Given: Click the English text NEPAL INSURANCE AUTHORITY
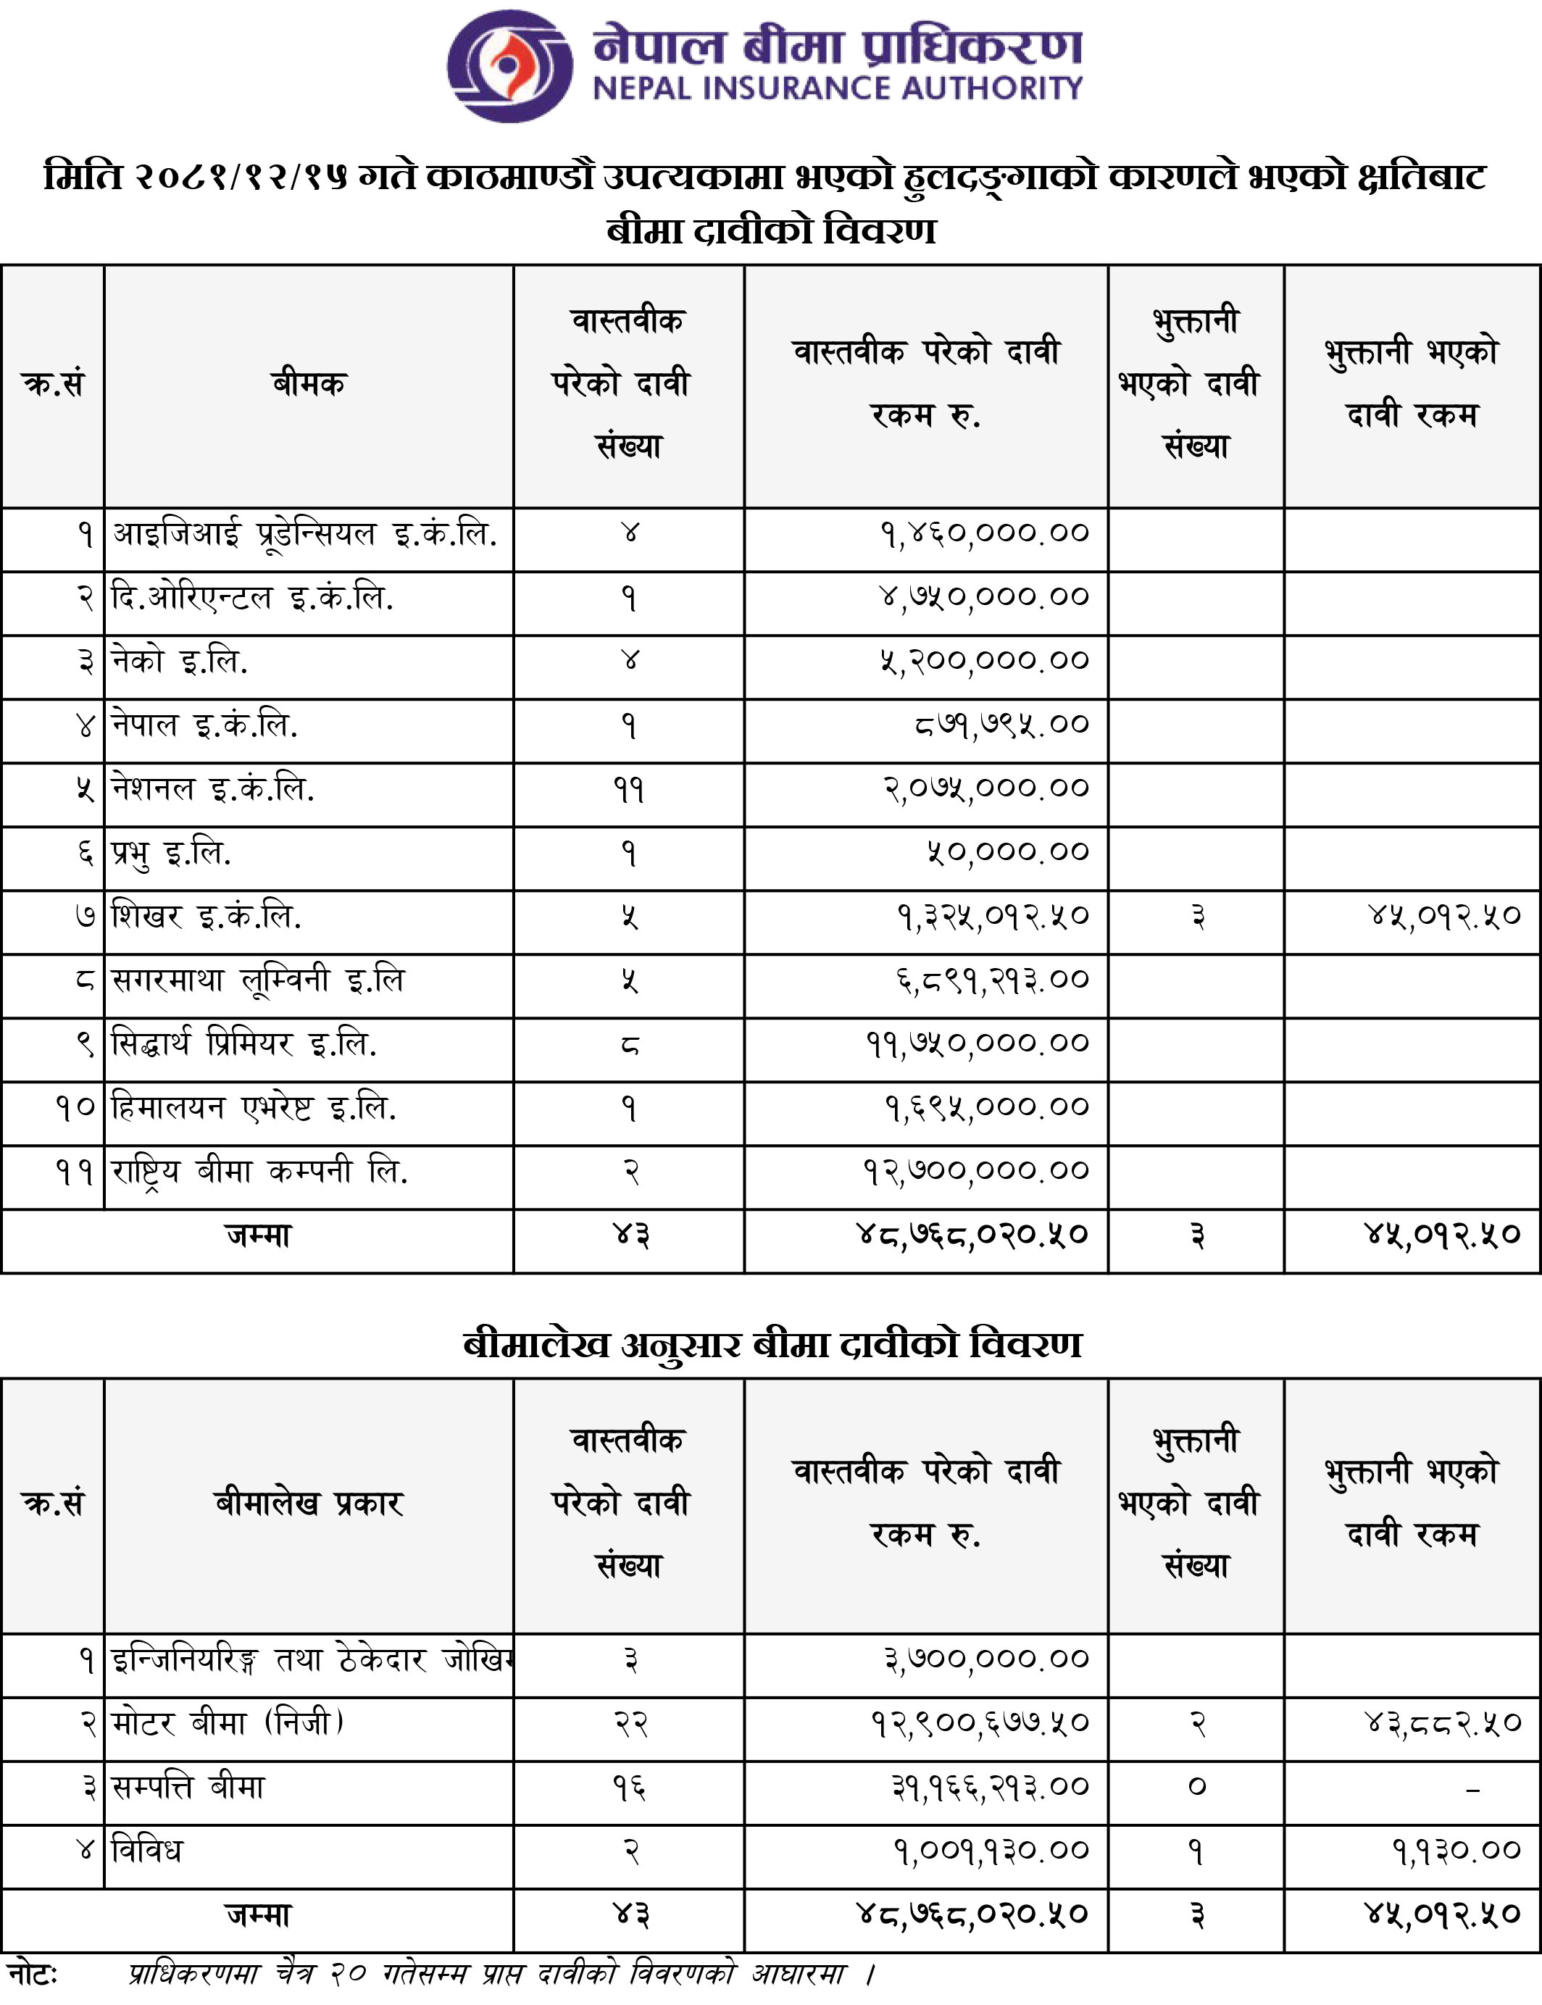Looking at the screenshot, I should (837, 89).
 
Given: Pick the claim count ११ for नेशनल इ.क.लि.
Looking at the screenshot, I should (629, 789).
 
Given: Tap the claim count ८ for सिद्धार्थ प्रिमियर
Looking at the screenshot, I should (629, 1044).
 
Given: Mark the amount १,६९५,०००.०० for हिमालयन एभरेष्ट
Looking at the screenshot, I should (985, 1107).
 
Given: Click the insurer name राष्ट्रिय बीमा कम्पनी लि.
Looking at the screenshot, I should (259, 1172).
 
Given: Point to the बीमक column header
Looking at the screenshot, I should (309, 383).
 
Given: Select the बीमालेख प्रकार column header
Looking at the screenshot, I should (309, 1503).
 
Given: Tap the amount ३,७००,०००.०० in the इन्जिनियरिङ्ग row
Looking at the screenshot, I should (985, 1659).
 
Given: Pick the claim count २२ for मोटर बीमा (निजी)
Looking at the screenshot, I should (630, 1723).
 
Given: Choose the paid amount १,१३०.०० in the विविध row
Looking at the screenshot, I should (1456, 1851).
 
